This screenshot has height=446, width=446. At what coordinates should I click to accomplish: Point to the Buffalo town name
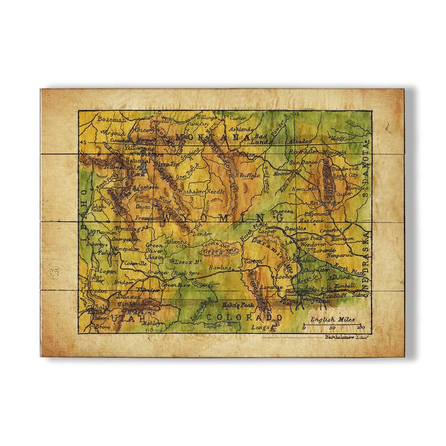250,175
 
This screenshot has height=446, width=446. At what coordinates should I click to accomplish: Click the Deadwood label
345,168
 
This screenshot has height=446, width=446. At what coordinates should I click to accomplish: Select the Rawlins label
221,268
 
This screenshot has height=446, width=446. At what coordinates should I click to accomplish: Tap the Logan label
107,271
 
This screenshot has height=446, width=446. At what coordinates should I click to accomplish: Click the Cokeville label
135,263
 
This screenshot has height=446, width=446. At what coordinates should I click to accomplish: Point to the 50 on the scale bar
333,327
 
